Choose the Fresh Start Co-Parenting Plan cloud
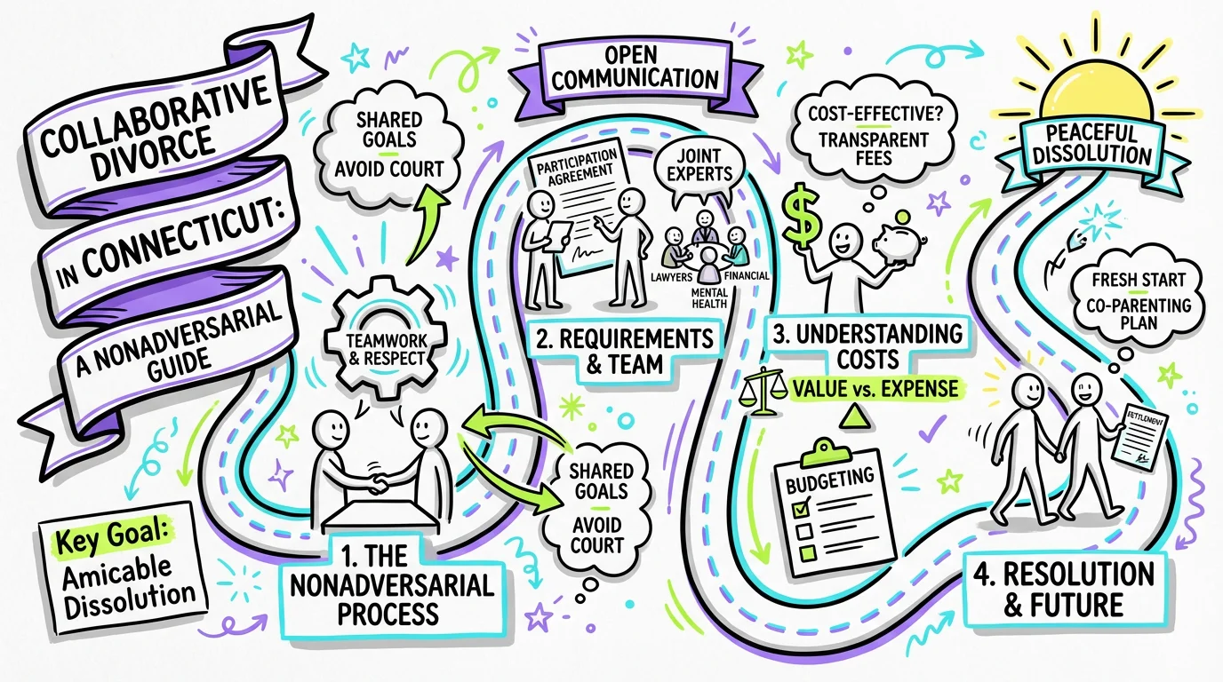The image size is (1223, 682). click(x=1131, y=298)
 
